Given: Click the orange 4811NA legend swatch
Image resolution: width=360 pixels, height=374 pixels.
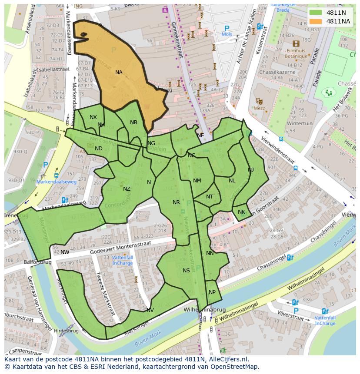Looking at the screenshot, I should tap(316, 21).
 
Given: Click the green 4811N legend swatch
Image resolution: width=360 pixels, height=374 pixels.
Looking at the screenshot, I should tap(316, 13).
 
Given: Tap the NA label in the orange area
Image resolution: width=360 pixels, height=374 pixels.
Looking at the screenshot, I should tap(119, 73).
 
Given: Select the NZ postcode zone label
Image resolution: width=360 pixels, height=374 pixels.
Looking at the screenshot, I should tap(127, 189).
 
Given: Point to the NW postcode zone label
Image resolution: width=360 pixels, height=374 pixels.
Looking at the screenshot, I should tap(65, 252).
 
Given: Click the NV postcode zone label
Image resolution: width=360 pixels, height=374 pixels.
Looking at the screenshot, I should tap(150, 310).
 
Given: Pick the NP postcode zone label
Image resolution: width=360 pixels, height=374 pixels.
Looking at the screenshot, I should tap(212, 292).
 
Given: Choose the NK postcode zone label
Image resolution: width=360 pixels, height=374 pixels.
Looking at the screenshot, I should tap(241, 212).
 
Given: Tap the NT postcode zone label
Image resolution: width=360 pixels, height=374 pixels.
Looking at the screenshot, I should tap(210, 197).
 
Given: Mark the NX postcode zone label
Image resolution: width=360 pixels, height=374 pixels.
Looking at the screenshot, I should tap(93, 117).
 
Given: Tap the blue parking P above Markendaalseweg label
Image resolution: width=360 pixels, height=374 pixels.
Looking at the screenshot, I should tap(46, 165).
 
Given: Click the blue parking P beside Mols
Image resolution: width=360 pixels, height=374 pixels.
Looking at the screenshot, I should tap(227, 28).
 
